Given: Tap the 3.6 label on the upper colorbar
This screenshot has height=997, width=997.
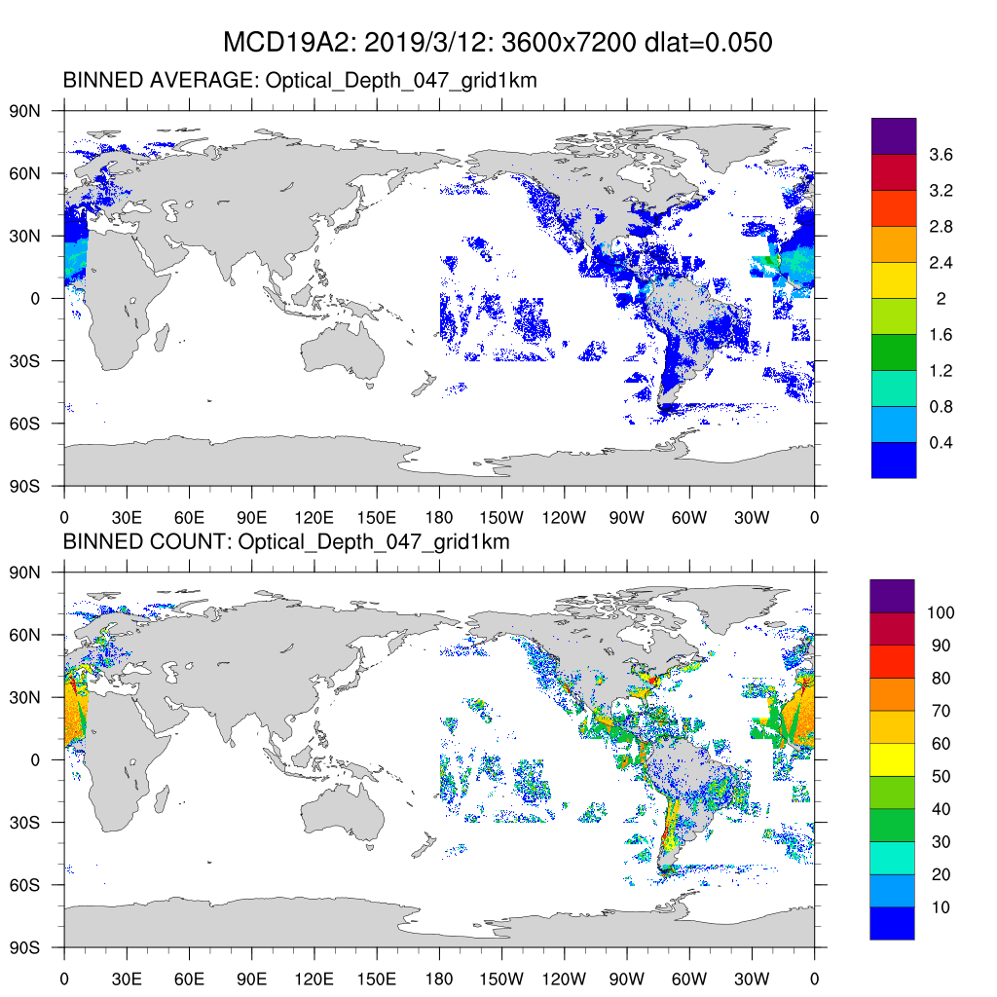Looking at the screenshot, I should [x=941, y=155].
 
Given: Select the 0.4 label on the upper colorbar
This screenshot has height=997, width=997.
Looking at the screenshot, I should [x=941, y=443].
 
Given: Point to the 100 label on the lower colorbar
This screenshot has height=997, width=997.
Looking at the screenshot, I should [x=941, y=612].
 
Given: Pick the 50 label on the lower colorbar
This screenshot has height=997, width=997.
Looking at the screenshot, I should [x=941, y=776].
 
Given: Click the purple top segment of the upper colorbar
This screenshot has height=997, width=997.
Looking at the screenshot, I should [x=894, y=135].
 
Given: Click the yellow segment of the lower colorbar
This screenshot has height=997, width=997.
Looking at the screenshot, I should [x=892, y=758].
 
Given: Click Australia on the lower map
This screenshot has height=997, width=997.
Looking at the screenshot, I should [x=341, y=810].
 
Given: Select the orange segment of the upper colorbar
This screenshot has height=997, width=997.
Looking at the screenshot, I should [x=894, y=244].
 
